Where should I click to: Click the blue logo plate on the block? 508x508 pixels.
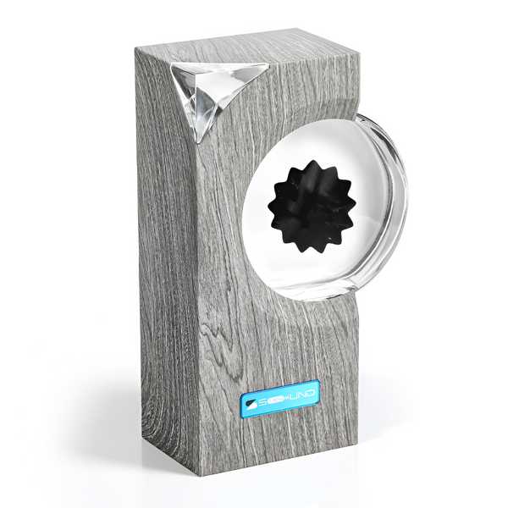tap(279, 395)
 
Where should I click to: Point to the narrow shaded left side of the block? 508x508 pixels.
tap(161, 254)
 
